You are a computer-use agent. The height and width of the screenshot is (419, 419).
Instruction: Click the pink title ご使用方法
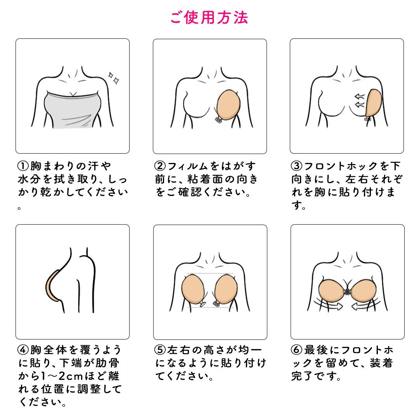point(209,17)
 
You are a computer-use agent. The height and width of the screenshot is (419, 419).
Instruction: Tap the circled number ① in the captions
point(23,166)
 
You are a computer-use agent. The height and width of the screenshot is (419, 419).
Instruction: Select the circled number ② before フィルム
point(160,166)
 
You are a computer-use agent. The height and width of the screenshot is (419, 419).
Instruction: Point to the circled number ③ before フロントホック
point(297,166)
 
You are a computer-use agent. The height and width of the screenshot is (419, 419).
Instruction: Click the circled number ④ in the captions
point(23,350)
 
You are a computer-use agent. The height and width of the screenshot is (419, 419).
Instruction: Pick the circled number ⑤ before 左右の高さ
point(160,350)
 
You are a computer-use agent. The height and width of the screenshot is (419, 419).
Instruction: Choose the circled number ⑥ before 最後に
point(297,350)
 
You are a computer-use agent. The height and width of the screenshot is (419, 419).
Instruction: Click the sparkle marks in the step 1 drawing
point(114,78)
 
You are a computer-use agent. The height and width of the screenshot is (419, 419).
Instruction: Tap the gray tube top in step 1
point(72,109)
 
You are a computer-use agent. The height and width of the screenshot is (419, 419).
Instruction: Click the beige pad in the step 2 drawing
point(228,104)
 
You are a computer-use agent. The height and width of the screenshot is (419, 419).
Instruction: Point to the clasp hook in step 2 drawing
point(218,120)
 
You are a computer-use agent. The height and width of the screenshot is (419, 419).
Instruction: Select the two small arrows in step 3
point(360,101)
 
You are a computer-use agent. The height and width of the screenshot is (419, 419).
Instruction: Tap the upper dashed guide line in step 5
point(211,274)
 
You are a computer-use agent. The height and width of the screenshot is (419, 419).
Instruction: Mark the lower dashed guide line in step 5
point(211,307)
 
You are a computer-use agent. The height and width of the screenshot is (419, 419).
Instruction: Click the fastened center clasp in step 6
point(347,291)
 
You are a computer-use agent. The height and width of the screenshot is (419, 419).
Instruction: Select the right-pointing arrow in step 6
point(330,306)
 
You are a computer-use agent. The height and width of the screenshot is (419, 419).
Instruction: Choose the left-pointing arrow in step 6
point(364,306)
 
